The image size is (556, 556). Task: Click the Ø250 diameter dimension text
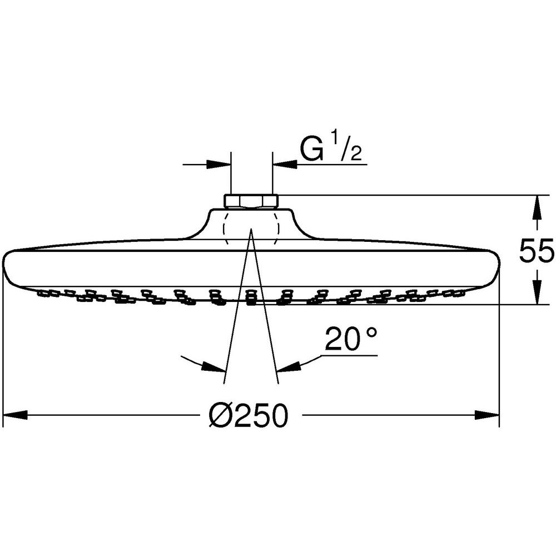[x=248, y=415]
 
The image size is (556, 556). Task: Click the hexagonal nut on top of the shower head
[x=251, y=201]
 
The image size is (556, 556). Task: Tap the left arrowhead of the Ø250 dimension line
[x=15, y=415]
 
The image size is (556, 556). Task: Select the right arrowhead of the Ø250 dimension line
[x=487, y=415]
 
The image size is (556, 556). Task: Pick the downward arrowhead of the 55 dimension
[x=538, y=292]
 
